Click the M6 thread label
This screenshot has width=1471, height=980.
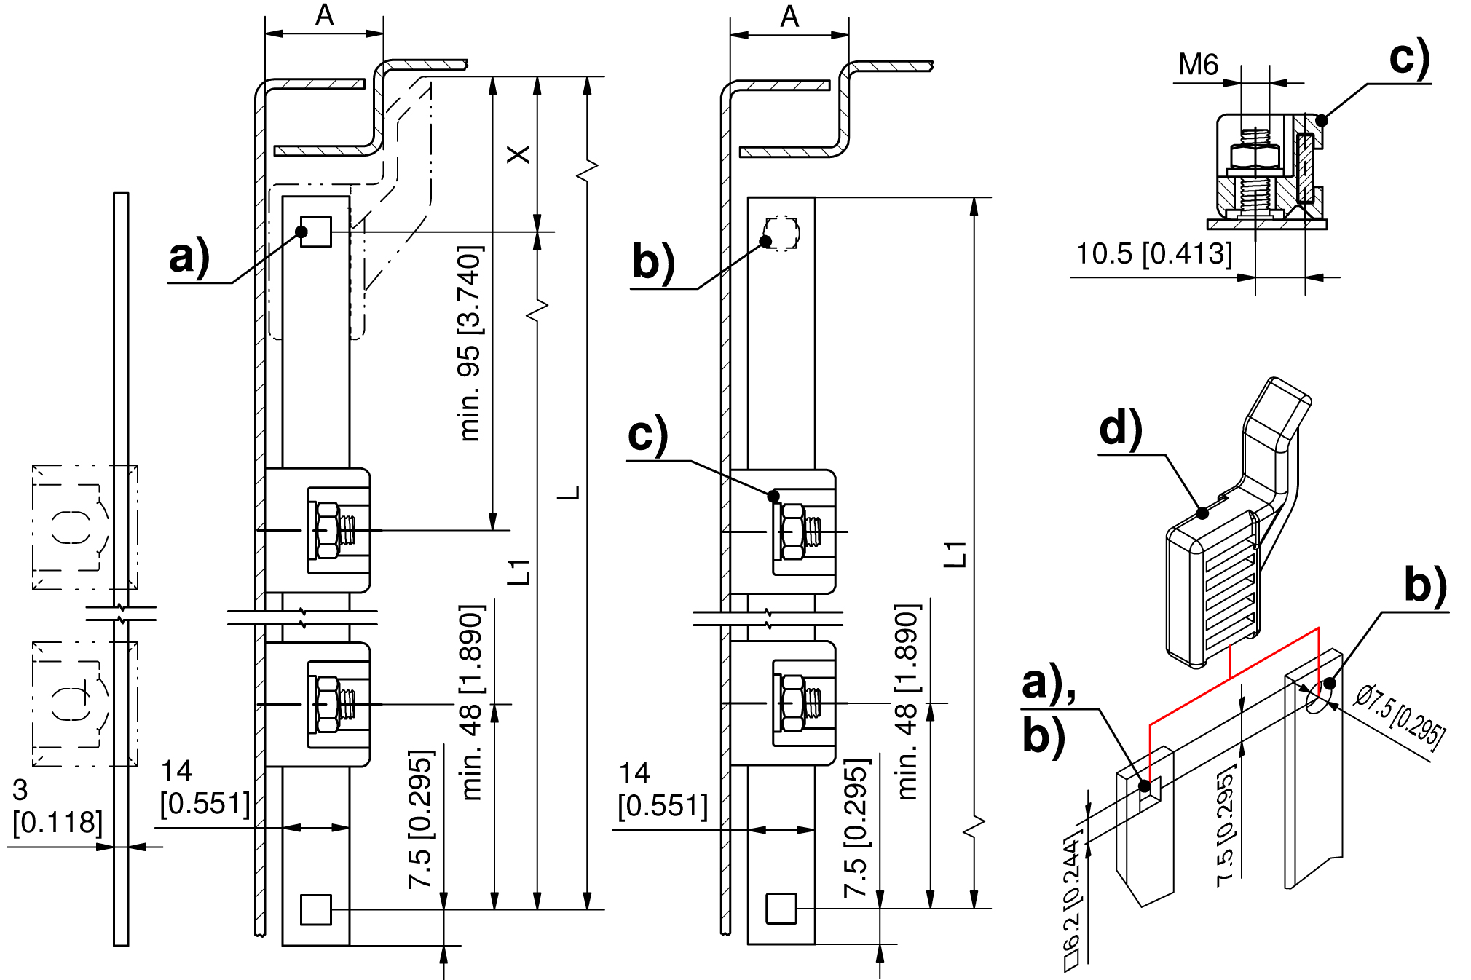click(1199, 64)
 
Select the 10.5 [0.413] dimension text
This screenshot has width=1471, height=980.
click(1154, 254)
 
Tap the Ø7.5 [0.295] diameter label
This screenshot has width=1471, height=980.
click(1399, 716)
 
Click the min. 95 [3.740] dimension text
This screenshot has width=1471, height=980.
click(470, 343)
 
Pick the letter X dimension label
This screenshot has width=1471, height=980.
click(518, 154)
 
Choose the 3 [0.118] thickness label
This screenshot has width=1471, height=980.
click(57, 806)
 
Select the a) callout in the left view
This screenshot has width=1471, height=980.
click(189, 256)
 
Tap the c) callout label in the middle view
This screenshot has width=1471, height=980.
click(647, 435)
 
